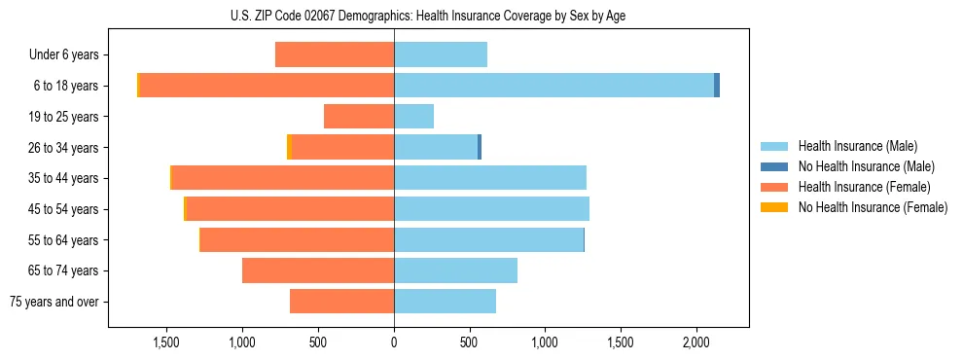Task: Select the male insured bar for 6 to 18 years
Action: tap(553, 86)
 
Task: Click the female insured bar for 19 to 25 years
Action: tap(359, 117)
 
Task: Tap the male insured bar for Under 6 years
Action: tap(441, 54)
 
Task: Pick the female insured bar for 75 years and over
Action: tap(341, 302)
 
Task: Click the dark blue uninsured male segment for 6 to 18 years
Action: tap(717, 86)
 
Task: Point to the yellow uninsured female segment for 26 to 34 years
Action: tap(289, 147)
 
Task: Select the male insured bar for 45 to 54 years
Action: tap(491, 209)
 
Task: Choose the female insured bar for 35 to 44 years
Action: tap(282, 178)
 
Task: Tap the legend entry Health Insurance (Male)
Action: tap(857, 146)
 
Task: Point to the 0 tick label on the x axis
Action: tap(394, 342)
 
